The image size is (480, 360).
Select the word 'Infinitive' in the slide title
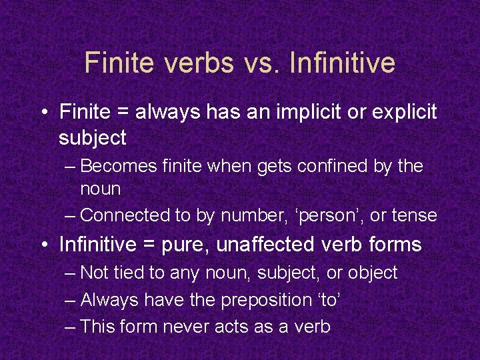point(343,63)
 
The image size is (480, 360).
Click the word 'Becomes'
point(122,166)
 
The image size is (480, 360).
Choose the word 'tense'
point(415,215)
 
